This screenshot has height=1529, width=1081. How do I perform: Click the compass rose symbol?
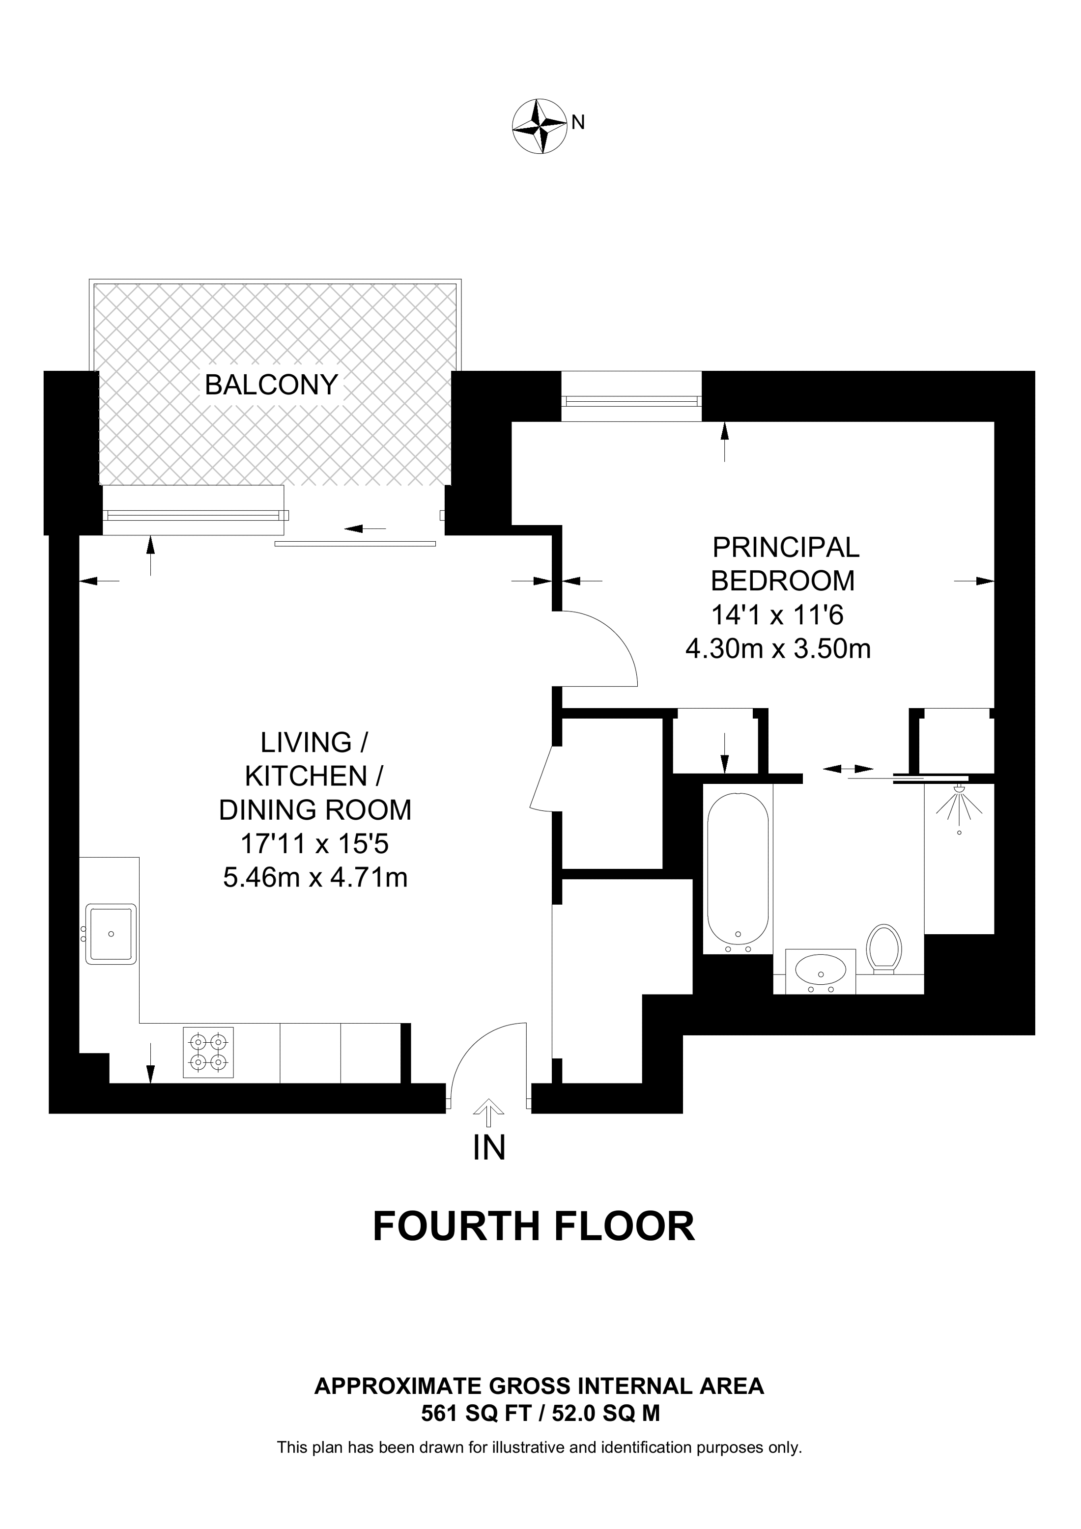pyautogui.click(x=540, y=127)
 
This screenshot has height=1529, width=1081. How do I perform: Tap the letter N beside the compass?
pyautogui.click(x=578, y=122)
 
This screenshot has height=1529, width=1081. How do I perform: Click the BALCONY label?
pyautogui.click(x=271, y=385)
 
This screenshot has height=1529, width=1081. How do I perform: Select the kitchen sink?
pyautogui.click(x=111, y=934)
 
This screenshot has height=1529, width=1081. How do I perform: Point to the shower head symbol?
pyautogui.click(x=959, y=799)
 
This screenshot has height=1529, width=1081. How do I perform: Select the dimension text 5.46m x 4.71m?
pyautogui.click(x=315, y=878)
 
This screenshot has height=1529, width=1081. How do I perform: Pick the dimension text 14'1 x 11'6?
pyautogui.click(x=777, y=614)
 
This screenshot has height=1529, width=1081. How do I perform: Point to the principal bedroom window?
pyautogui.click(x=631, y=400)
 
